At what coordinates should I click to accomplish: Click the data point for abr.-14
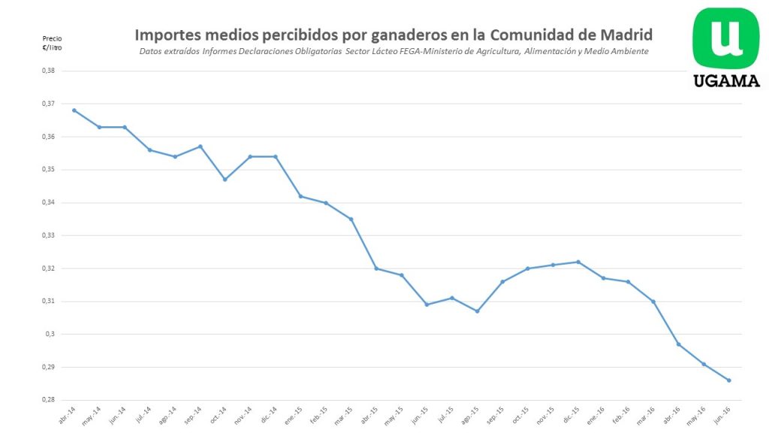[x=74, y=111]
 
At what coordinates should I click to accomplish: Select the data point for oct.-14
[x=225, y=180]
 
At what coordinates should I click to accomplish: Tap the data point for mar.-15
[x=351, y=219]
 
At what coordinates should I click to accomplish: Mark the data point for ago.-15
[x=477, y=311]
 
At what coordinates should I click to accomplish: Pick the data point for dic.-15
[x=578, y=262]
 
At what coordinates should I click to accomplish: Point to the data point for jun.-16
[x=729, y=380]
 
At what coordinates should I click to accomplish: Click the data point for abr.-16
[x=679, y=344]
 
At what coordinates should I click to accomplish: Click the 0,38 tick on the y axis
[x=49, y=71]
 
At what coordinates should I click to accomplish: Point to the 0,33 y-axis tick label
[x=49, y=235]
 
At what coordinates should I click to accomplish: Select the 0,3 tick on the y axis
[x=51, y=335]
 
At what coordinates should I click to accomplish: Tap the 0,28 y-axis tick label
[x=49, y=400]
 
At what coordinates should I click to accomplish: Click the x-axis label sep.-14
[x=193, y=416]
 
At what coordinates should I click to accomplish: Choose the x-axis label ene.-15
[x=294, y=416]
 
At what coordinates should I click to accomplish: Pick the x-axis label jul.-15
[x=445, y=416]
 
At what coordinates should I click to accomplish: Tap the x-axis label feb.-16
[x=622, y=416]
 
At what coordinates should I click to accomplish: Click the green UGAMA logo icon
[x=725, y=38]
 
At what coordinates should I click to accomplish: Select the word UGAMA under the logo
[x=725, y=81]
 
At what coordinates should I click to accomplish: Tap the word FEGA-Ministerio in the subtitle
[x=433, y=51]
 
